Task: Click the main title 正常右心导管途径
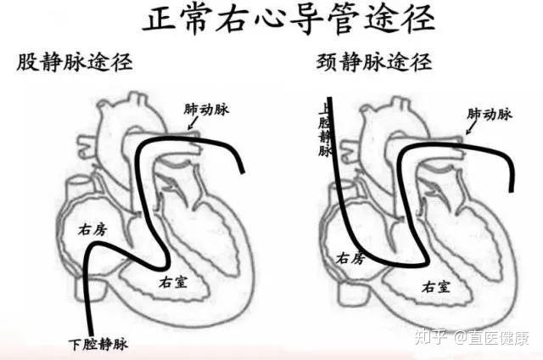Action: tap(272, 20)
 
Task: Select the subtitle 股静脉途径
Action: tap(75, 63)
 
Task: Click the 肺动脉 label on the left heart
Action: tap(207, 110)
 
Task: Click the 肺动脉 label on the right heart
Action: tap(490, 114)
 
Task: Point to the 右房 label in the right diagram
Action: tap(351, 257)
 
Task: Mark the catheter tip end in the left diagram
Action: tap(244, 173)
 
